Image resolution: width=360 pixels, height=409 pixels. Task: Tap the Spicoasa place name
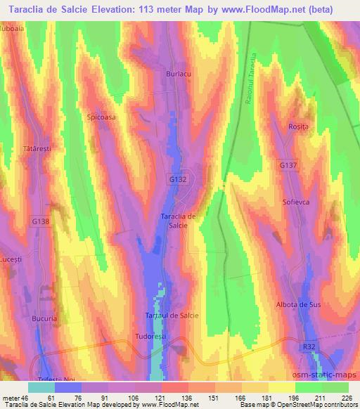pos(100,118)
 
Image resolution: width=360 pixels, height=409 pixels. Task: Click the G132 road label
pos(177,180)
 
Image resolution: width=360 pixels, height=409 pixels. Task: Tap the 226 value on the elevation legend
pos(345,398)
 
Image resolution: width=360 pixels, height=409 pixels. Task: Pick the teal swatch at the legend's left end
pos(41,388)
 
